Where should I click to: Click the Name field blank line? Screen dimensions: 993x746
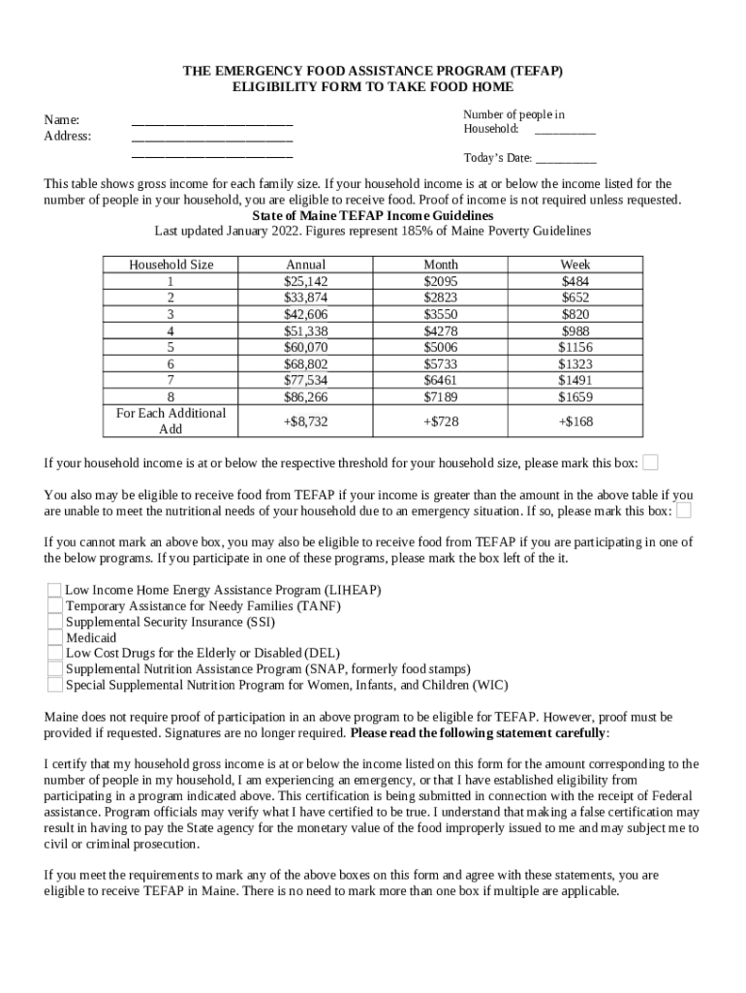pyautogui.click(x=211, y=121)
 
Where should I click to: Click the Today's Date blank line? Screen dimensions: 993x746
pyautogui.click(x=566, y=159)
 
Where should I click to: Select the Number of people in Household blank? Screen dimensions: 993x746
pyautogui.click(x=565, y=130)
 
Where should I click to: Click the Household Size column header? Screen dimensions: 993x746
pyautogui.click(x=171, y=265)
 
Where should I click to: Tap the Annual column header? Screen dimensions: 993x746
pyautogui.click(x=305, y=265)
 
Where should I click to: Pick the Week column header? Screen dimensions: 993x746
pyautogui.click(x=575, y=265)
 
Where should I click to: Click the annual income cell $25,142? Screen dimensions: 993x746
pyautogui.click(x=305, y=281)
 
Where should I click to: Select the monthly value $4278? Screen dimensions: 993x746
pyautogui.click(x=440, y=331)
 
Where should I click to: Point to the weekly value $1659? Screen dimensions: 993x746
pyautogui.click(x=575, y=397)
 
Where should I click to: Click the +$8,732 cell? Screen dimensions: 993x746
pyautogui.click(x=305, y=422)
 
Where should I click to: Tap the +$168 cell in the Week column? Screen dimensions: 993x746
pyautogui.click(x=575, y=422)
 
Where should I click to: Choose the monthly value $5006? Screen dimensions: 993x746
pyautogui.click(x=440, y=347)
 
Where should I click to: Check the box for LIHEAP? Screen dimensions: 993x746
pyautogui.click(x=54, y=590)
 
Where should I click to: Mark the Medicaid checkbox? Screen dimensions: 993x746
pyautogui.click(x=54, y=637)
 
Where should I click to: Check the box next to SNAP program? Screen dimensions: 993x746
pyautogui.click(x=54, y=669)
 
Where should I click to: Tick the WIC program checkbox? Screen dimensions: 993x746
pyautogui.click(x=54, y=685)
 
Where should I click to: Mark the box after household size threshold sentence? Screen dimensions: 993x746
pyautogui.click(x=651, y=462)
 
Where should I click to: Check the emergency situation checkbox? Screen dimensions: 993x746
pyautogui.click(x=684, y=510)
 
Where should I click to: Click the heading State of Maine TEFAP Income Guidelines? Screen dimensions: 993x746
pyautogui.click(x=372, y=215)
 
